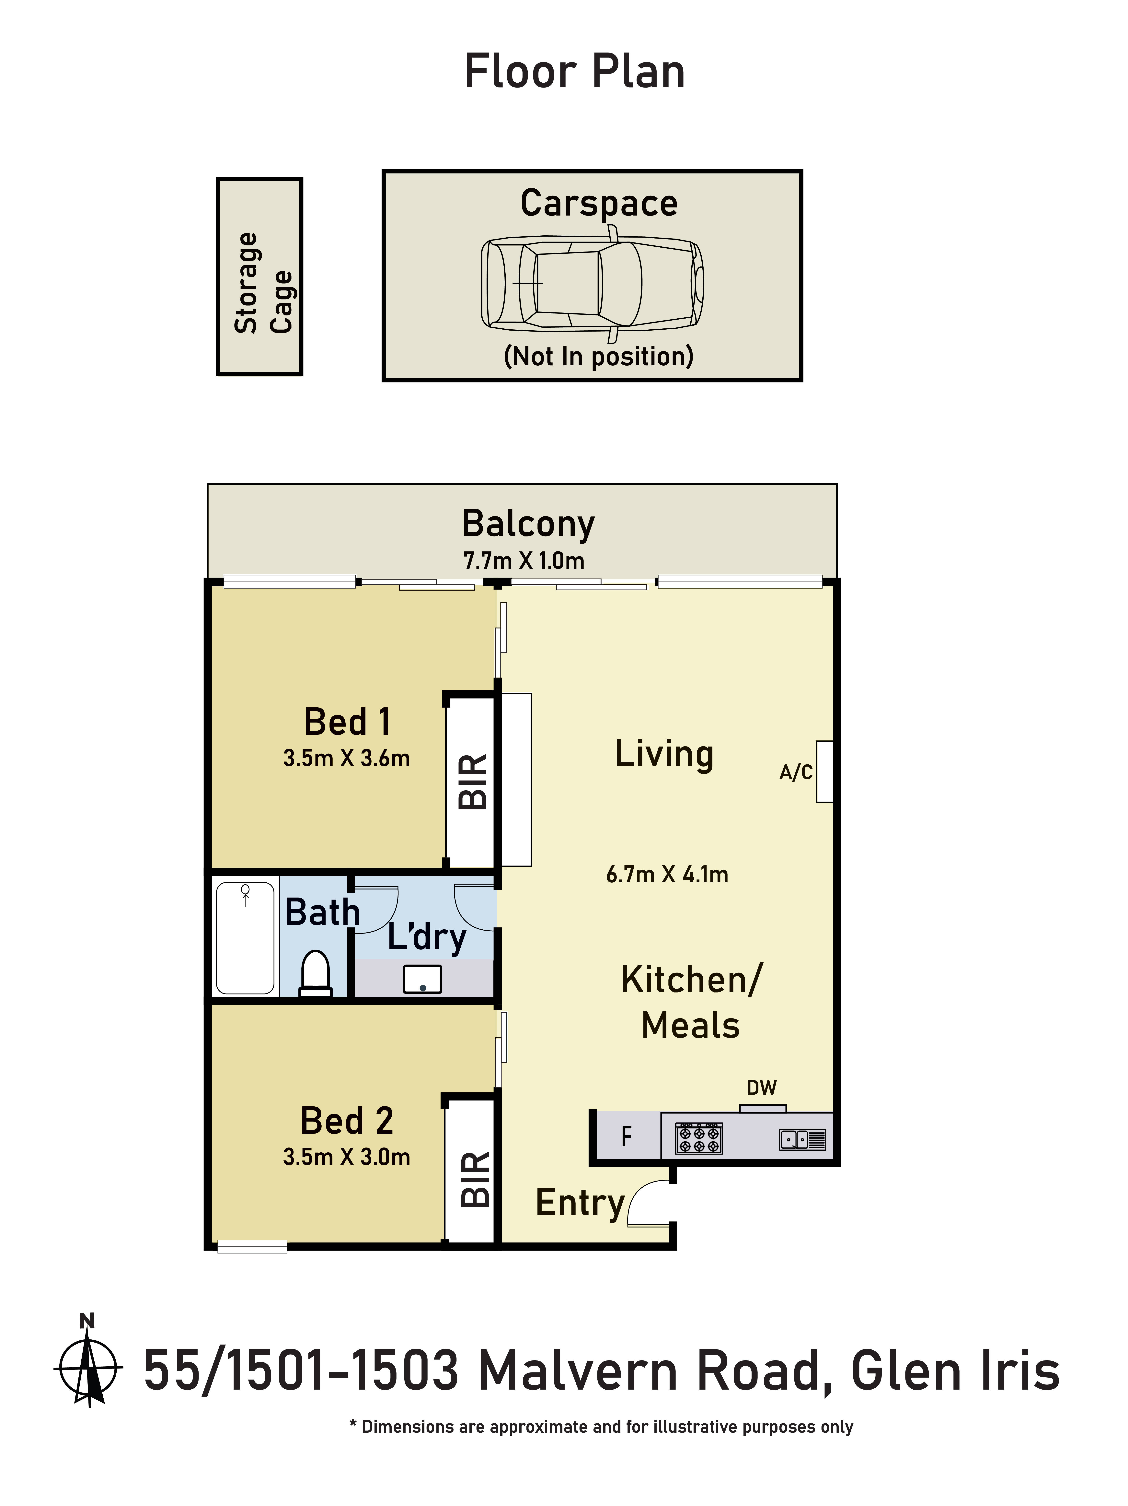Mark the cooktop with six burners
[x=698, y=1138]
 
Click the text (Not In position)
[x=598, y=356]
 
